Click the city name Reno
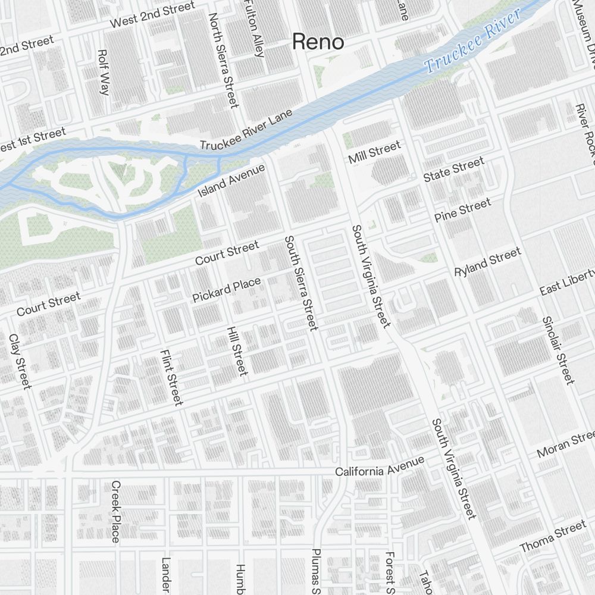pos(318,42)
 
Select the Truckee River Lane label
pos(246,129)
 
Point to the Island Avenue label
pos(231,181)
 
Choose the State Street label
pos(453,170)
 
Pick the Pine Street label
pos(463,210)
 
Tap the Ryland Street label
pos(487,262)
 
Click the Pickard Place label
pos(227,290)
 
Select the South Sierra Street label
pos(301,283)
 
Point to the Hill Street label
pos(236,350)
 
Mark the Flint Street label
pos(171,377)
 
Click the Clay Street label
pos(20,361)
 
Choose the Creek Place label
pos(115,511)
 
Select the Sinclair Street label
pos(558,349)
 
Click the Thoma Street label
pos(553,537)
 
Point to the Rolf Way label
pos(103,72)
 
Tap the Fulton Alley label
pos(254,29)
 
